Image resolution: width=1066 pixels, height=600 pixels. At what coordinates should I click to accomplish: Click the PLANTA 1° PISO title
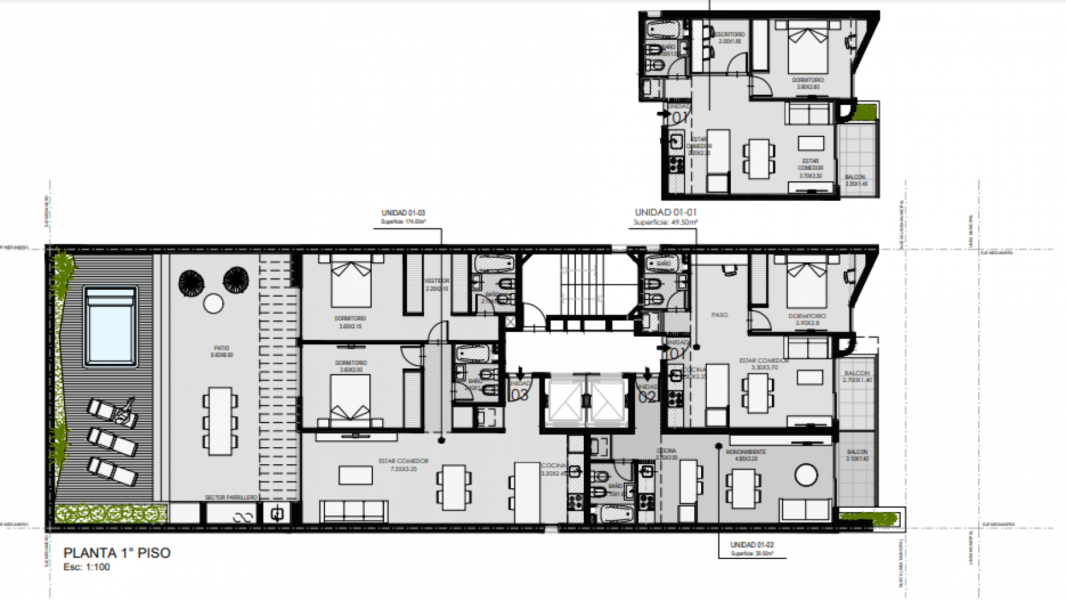117,553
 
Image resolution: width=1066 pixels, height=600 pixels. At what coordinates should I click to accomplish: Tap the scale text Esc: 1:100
86,567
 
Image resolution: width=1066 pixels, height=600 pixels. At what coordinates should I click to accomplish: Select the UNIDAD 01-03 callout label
403,213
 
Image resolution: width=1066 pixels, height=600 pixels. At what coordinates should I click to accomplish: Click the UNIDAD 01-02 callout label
752,544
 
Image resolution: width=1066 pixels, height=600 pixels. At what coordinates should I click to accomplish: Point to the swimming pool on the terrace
110,327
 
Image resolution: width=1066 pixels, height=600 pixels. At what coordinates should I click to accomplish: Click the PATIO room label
222,348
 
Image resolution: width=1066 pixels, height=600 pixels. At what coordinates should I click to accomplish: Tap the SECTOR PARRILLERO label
231,498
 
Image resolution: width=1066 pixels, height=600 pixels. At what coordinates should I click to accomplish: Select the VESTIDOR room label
437,281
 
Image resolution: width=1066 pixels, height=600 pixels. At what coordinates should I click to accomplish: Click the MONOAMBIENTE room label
746,452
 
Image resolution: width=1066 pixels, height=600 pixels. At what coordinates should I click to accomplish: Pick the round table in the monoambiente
806,475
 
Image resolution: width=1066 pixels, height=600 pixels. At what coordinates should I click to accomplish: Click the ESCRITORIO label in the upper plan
730,35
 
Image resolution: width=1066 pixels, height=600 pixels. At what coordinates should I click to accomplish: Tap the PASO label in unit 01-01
720,315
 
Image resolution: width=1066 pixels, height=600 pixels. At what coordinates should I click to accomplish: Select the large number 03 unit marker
519,395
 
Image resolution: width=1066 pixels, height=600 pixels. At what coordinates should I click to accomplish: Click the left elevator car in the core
564,400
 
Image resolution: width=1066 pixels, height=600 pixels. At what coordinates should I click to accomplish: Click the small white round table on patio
213,304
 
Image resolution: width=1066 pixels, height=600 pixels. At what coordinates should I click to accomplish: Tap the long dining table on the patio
220,421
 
